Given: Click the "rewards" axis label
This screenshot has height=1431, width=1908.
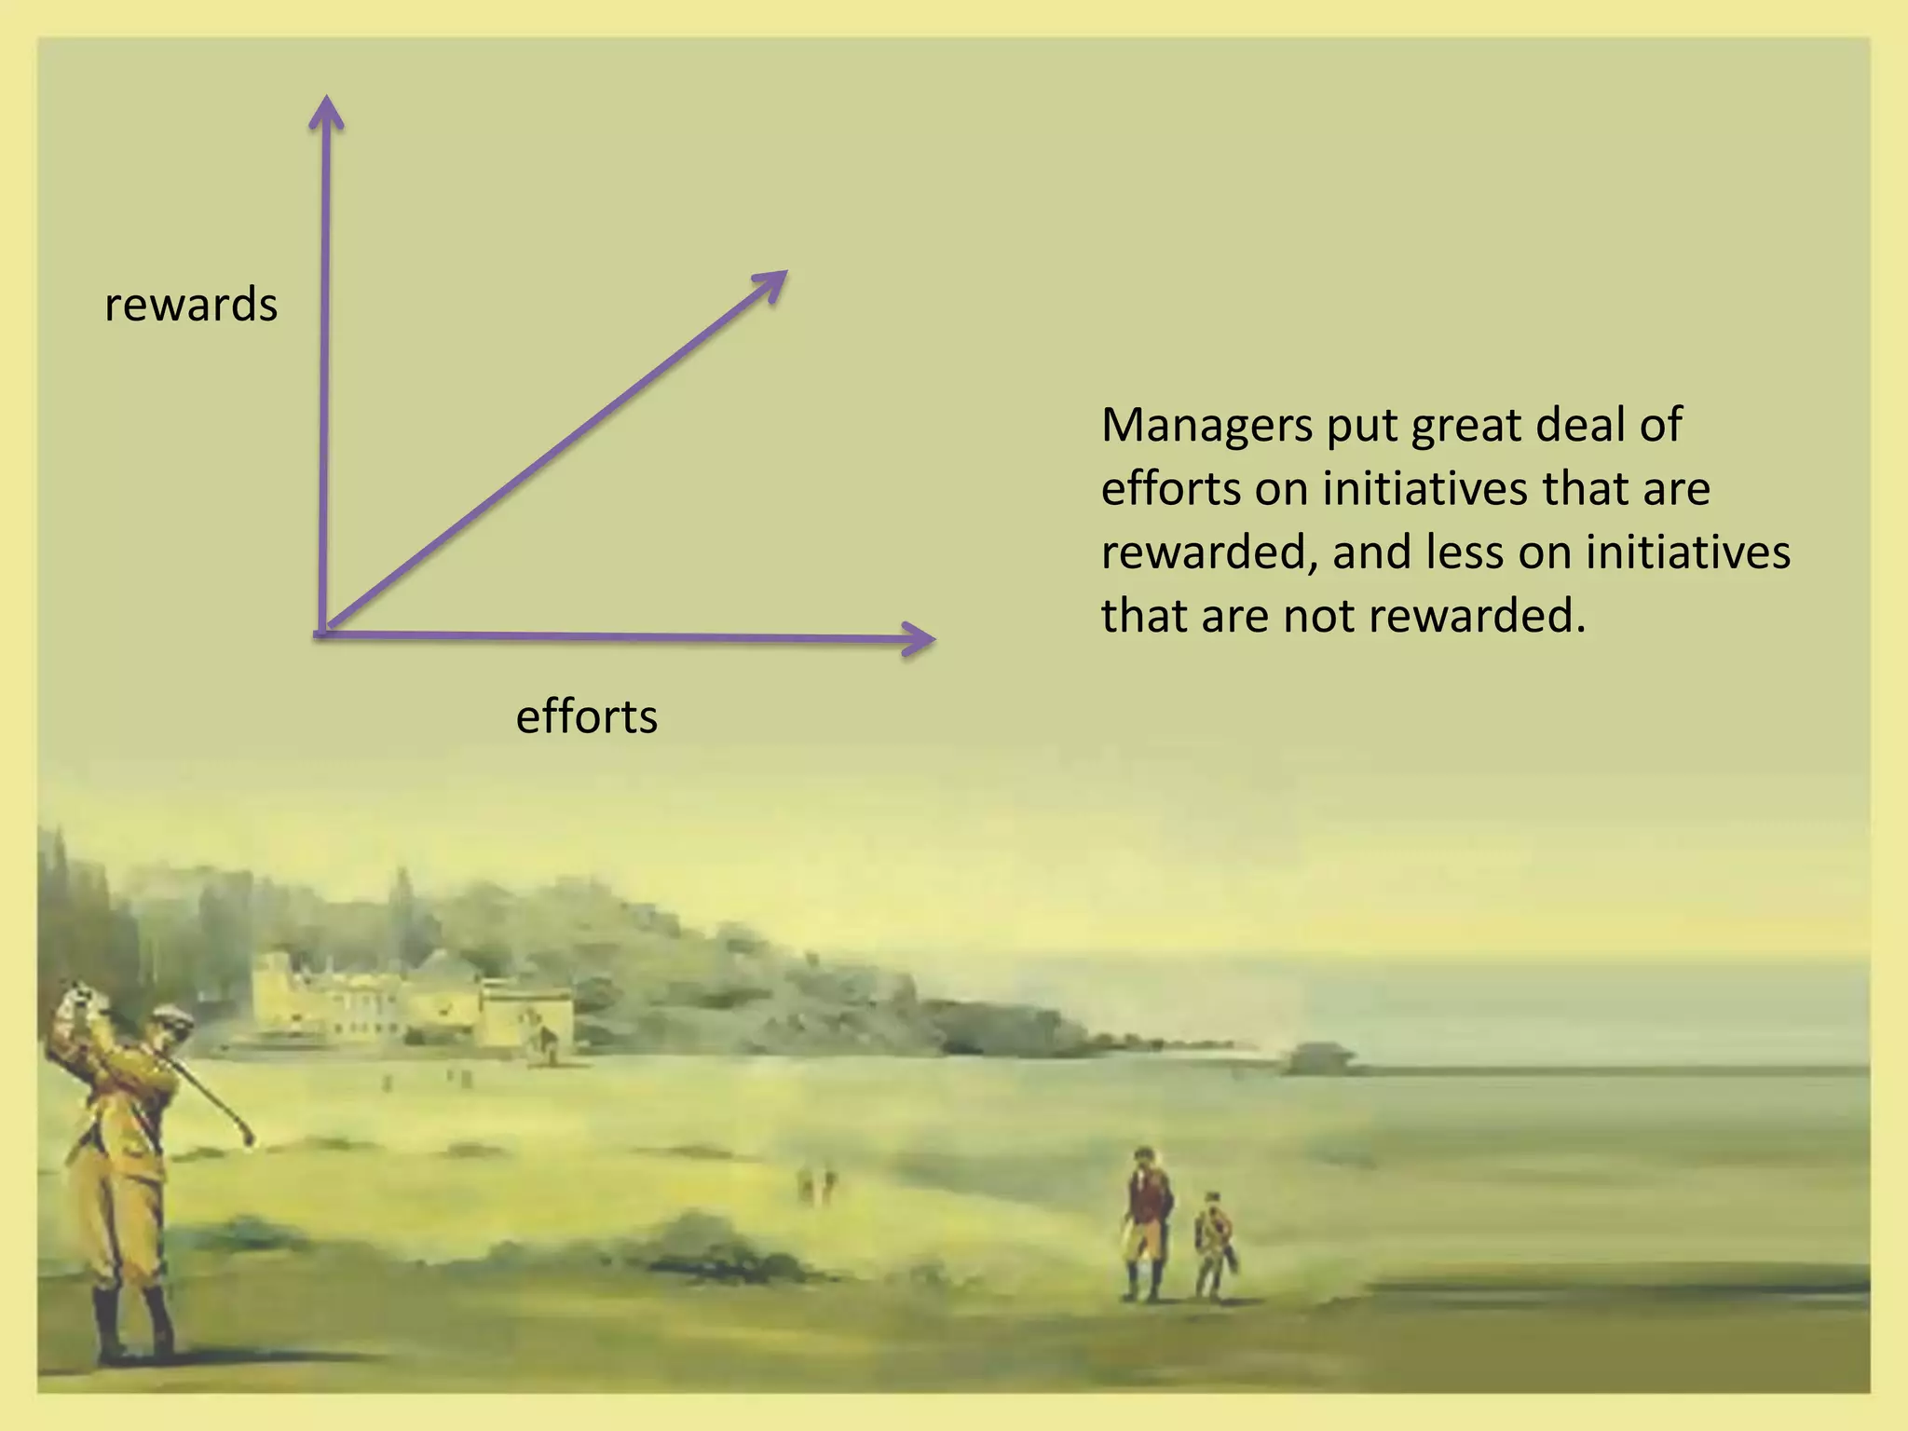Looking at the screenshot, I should (191, 306).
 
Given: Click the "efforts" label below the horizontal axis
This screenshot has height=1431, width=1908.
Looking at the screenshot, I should (586, 717).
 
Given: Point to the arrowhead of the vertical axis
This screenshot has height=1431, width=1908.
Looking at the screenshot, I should (326, 112).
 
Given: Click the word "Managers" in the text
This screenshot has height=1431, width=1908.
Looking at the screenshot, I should (1206, 426).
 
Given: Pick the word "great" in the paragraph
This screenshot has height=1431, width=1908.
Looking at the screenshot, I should (1466, 426).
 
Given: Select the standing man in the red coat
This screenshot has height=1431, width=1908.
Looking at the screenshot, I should (1147, 1220).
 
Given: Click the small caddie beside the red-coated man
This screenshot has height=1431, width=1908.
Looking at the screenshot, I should (1214, 1244).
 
